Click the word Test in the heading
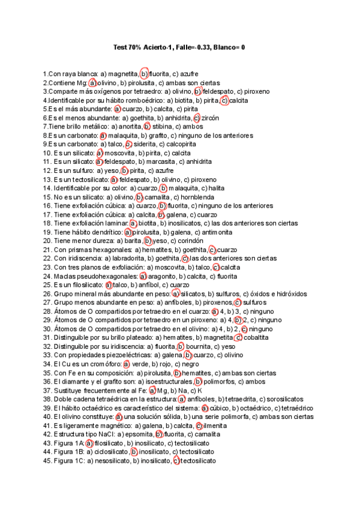pyautogui.click(x=120, y=47)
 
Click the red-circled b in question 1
pyautogui.click(x=144, y=74)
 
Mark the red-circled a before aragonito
pyautogui.click(x=143, y=276)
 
